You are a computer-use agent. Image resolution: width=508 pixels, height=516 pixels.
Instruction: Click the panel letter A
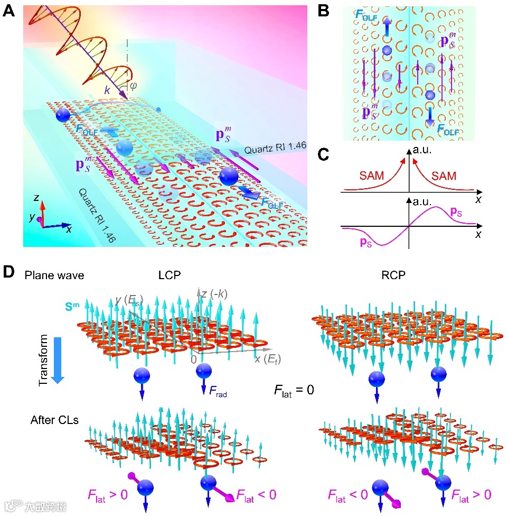8,11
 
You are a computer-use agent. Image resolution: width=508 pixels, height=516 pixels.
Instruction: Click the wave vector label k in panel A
107,91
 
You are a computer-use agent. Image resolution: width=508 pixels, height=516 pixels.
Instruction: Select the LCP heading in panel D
170,275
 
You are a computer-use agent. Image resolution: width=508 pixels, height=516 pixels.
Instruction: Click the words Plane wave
54,275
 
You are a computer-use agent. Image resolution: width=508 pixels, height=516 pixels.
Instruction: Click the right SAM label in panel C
444,176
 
